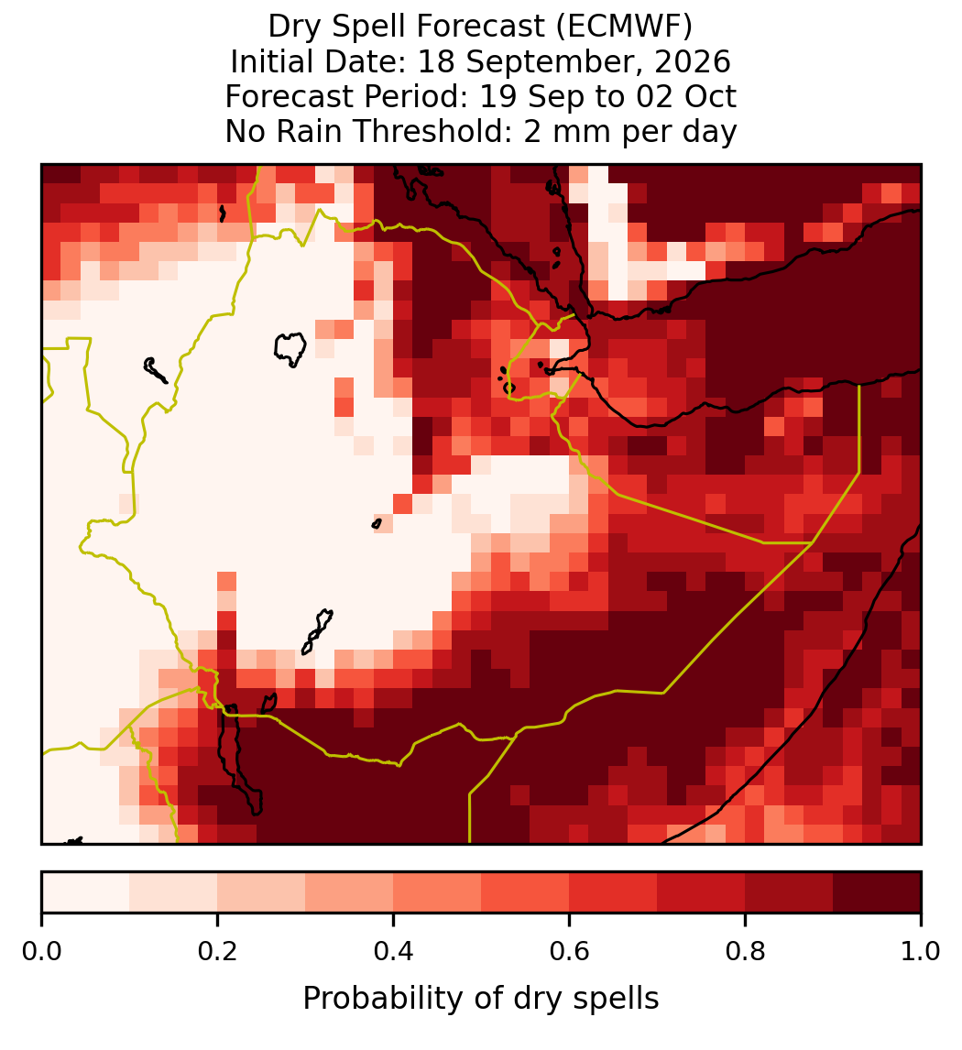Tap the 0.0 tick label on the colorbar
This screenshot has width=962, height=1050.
click(41, 951)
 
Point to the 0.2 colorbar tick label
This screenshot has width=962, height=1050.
click(217, 951)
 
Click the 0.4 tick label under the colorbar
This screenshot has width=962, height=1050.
click(394, 951)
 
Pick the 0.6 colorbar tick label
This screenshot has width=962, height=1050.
click(570, 951)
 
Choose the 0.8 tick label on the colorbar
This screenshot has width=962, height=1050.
click(745, 951)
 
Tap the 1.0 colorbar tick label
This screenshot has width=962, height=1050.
click(921, 951)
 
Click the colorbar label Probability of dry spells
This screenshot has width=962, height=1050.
click(481, 999)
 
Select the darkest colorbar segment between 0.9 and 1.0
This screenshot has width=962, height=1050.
click(878, 892)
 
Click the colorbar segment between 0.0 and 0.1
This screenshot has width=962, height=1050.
click(86, 892)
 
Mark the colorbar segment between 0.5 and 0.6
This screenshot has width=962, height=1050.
click(526, 892)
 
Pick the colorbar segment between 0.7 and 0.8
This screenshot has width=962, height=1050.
click(702, 892)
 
